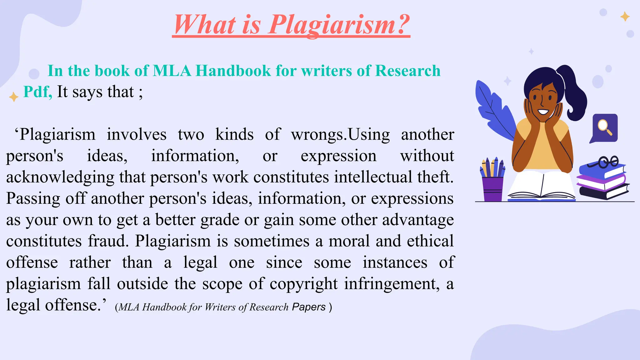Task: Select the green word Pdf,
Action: [x=37, y=92]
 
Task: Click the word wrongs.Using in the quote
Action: [x=340, y=135]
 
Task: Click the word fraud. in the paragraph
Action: [x=108, y=241]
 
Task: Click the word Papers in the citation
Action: [x=309, y=307]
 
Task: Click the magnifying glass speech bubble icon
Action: [x=604, y=127]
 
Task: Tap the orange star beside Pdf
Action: [x=14, y=97]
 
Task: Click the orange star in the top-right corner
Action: [x=625, y=16]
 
